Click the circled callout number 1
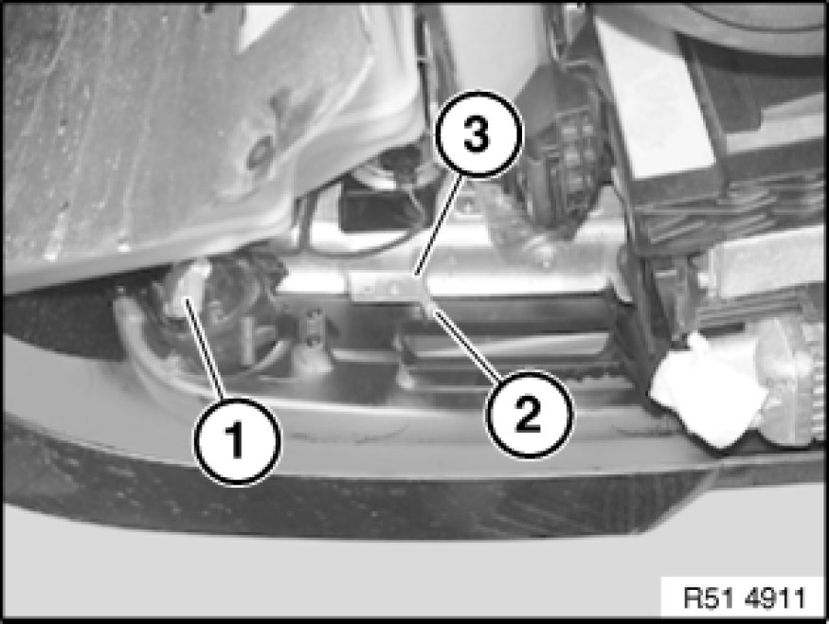coord(238,441)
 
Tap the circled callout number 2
coord(530,414)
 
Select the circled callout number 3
coord(478,134)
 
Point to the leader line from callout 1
coord(206,348)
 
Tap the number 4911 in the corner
coord(776,598)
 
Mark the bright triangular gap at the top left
coord(264,27)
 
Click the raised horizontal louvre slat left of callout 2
coord(502,346)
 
